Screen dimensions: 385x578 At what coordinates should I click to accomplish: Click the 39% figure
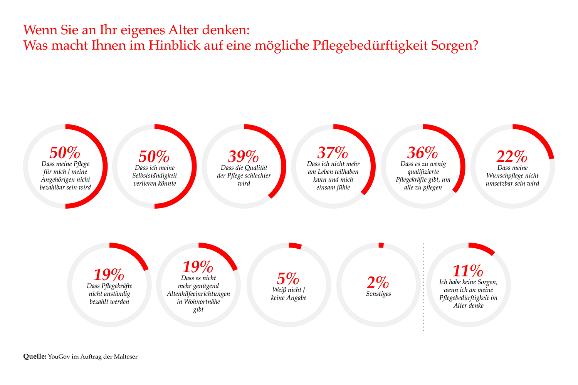(x=244, y=157)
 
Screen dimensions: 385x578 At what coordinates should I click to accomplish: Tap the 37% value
(x=333, y=153)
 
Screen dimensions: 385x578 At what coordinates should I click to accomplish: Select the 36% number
(x=423, y=153)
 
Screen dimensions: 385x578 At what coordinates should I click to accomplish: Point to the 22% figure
(x=512, y=157)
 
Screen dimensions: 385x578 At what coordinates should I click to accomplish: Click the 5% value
(x=288, y=279)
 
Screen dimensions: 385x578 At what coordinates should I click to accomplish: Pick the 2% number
(x=378, y=283)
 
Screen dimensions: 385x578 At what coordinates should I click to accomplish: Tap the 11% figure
(x=468, y=271)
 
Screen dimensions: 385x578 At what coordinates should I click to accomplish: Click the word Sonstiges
(x=378, y=294)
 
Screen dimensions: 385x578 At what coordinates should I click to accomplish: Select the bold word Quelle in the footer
(x=35, y=357)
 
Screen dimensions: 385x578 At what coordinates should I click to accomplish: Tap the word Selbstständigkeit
(x=155, y=176)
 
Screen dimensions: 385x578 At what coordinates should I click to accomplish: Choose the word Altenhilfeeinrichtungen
(x=198, y=294)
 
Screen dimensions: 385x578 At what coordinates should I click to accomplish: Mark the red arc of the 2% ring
(x=381, y=245)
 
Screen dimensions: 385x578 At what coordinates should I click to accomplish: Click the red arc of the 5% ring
(x=295, y=246)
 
